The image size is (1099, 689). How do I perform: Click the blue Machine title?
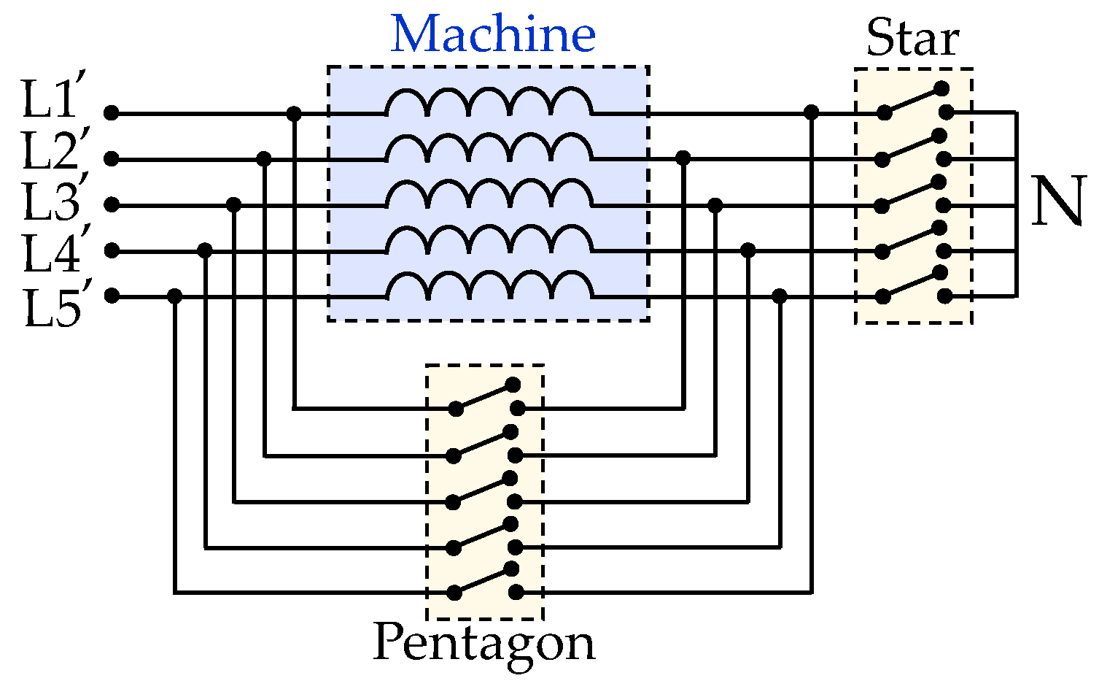point(493,34)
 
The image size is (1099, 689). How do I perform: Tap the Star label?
point(912,38)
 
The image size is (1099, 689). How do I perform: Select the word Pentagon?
point(484,643)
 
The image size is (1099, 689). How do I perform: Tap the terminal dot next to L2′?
point(111,159)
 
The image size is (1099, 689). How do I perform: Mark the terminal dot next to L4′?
point(111,250)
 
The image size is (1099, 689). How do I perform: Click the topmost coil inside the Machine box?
point(489,104)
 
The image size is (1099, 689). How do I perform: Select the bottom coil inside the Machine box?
point(489,287)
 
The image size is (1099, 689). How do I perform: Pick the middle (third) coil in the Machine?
point(489,196)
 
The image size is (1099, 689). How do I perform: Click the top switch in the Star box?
point(914,101)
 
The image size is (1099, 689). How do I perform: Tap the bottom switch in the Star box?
point(913,285)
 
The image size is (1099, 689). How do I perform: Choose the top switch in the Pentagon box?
point(485,396)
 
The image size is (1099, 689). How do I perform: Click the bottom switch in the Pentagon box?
point(484,581)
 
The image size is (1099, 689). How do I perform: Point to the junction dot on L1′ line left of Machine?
point(294,114)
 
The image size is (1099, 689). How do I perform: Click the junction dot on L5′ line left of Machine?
point(174,296)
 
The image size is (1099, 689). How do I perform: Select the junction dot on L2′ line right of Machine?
point(683,158)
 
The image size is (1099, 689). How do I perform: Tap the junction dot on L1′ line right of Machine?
point(811,112)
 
